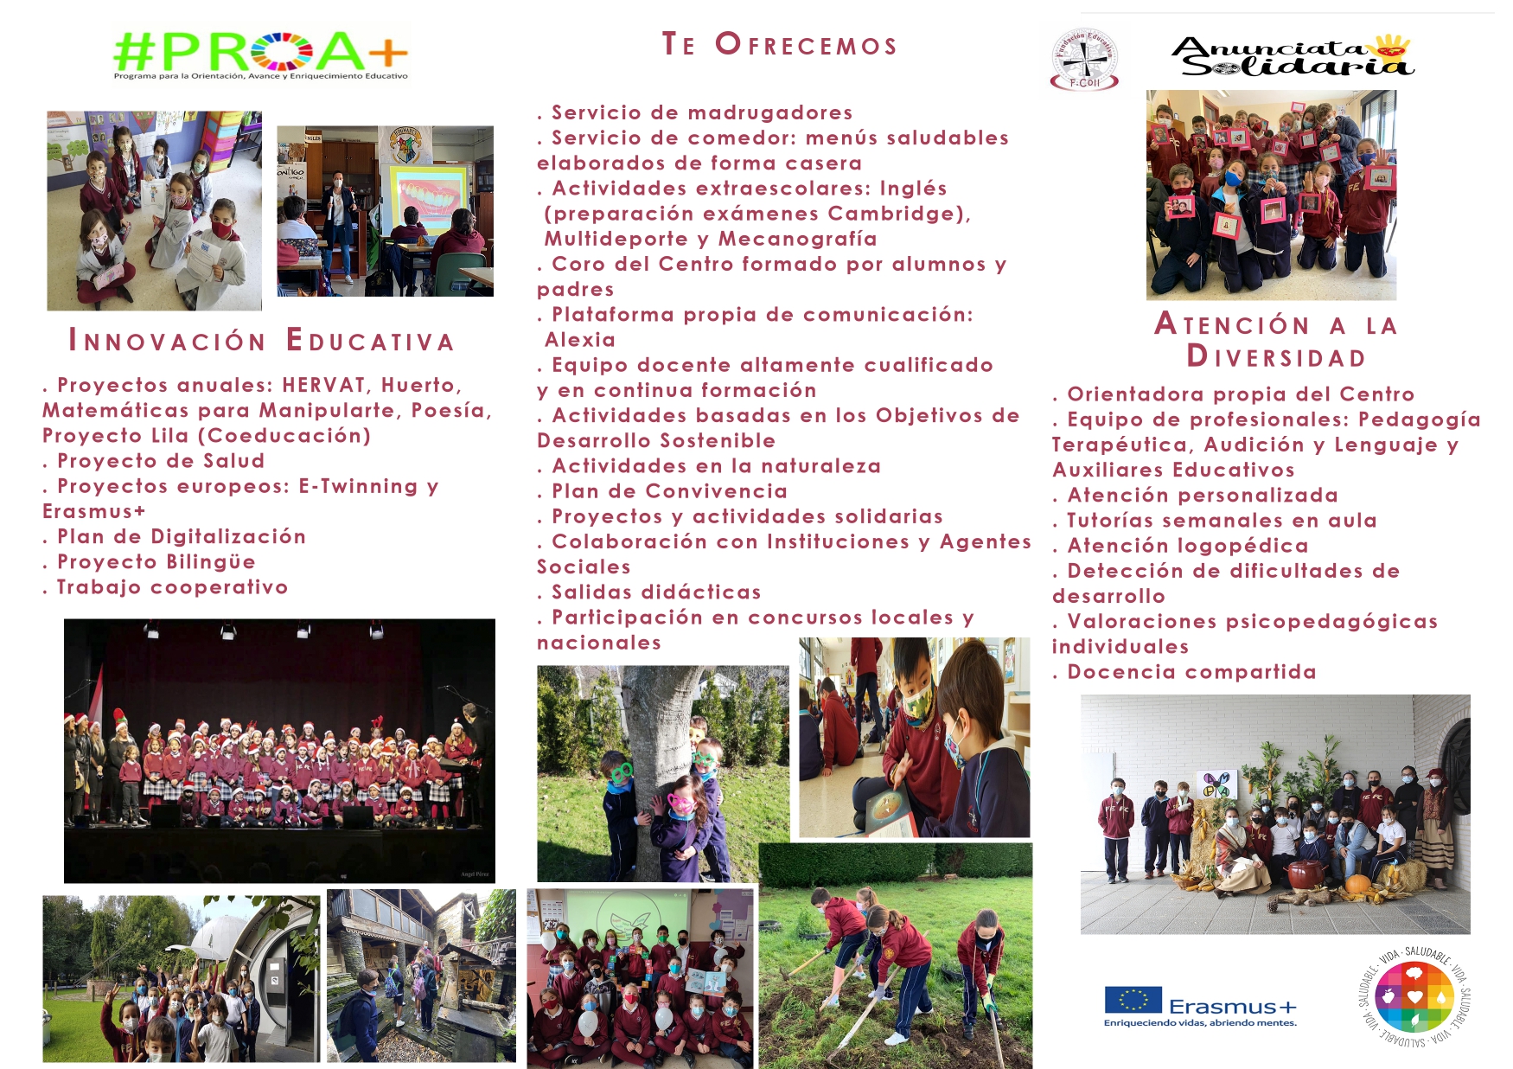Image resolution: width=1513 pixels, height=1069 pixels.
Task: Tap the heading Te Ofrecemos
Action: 780,44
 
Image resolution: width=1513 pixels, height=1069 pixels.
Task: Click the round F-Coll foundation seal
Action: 1084,59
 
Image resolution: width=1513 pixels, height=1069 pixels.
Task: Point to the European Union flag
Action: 1133,999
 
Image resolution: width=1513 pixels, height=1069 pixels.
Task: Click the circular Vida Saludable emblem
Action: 1414,996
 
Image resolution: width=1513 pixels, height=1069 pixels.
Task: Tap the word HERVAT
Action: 324,385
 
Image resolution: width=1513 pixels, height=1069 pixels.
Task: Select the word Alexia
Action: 580,340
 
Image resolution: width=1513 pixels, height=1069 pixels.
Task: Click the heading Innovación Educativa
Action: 261,341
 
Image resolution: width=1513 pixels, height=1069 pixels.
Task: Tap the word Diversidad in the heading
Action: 1276,356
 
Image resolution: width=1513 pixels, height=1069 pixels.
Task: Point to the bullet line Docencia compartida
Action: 1184,672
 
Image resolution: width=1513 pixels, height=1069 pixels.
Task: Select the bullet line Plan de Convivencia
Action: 662,491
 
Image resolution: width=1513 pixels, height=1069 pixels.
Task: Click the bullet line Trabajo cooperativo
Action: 165,587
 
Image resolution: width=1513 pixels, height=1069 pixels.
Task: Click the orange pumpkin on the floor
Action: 1358,885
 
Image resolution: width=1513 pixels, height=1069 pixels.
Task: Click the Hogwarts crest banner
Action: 405,145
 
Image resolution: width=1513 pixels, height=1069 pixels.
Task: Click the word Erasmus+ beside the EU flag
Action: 1233,1007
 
